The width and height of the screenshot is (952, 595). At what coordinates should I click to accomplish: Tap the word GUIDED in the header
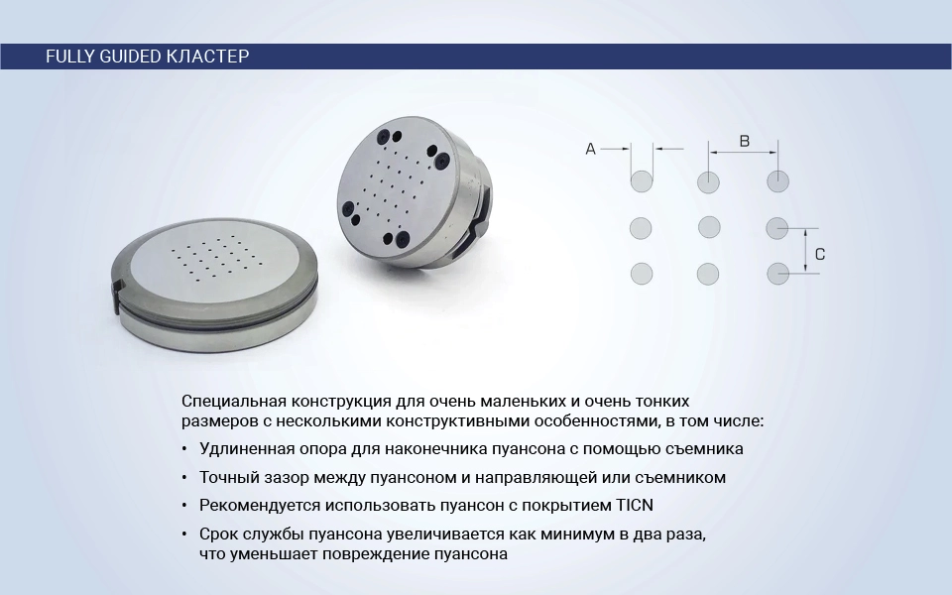(x=129, y=57)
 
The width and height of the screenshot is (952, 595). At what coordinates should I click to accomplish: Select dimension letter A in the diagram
(x=590, y=149)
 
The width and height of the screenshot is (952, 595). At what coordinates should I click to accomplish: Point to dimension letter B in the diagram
(x=745, y=142)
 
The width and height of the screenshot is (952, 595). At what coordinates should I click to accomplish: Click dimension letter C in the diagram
(x=820, y=255)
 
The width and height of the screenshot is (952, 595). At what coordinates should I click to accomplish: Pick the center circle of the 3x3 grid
(x=709, y=228)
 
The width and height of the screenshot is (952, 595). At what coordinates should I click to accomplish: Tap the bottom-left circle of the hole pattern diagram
(x=642, y=274)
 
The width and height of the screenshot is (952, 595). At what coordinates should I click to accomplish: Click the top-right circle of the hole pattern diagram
(x=777, y=181)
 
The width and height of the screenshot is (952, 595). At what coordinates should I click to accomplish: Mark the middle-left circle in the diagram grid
(x=641, y=228)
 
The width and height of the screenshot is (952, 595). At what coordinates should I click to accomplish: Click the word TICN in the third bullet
(x=635, y=505)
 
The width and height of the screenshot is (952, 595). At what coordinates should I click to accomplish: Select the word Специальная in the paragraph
(x=234, y=402)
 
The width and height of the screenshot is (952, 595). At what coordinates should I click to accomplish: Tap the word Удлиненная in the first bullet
(x=249, y=449)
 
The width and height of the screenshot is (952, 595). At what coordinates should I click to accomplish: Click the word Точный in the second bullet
(x=229, y=478)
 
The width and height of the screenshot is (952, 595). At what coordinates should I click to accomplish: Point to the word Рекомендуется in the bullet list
(x=260, y=506)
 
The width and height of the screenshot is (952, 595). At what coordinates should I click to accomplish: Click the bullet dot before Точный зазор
(x=184, y=478)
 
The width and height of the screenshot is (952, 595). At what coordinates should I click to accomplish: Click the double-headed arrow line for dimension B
(x=743, y=152)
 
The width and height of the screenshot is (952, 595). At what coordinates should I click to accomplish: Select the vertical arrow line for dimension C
(x=805, y=251)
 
